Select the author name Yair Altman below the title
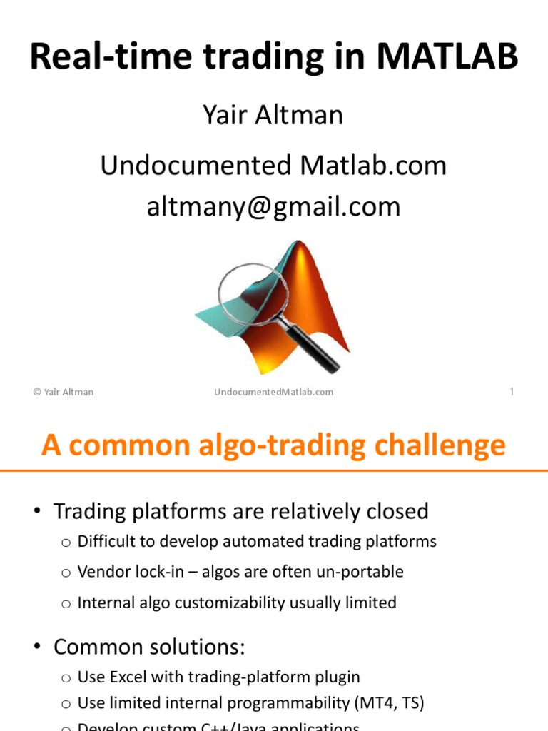click(274, 115)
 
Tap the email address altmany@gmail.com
click(274, 207)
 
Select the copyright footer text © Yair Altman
click(64, 392)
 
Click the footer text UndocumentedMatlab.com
click(274, 392)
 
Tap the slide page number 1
click(512, 391)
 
